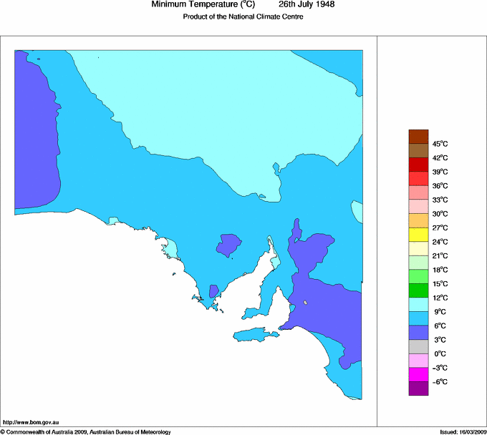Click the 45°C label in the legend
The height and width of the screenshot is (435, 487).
pos(440,144)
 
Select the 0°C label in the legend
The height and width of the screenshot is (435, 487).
pos(440,353)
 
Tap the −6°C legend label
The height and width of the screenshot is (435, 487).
pos(440,381)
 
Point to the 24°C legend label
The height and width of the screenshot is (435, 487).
pos(440,242)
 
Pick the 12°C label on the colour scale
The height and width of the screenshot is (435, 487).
pos(440,298)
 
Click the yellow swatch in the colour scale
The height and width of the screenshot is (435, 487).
pos(418,235)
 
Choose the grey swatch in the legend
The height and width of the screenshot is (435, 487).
pos(418,346)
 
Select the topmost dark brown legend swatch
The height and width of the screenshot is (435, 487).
pos(418,137)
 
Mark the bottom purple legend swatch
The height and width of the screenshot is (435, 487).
pos(418,388)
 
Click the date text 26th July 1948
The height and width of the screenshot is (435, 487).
pos(307,5)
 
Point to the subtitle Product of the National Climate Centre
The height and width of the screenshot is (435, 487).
pos(243,17)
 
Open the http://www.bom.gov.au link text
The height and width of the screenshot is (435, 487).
pos(32,423)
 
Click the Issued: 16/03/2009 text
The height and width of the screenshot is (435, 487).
pos(463,431)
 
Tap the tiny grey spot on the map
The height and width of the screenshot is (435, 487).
pos(305,303)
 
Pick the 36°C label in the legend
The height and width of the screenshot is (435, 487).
pos(440,186)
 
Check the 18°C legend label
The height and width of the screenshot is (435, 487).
pos(440,270)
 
